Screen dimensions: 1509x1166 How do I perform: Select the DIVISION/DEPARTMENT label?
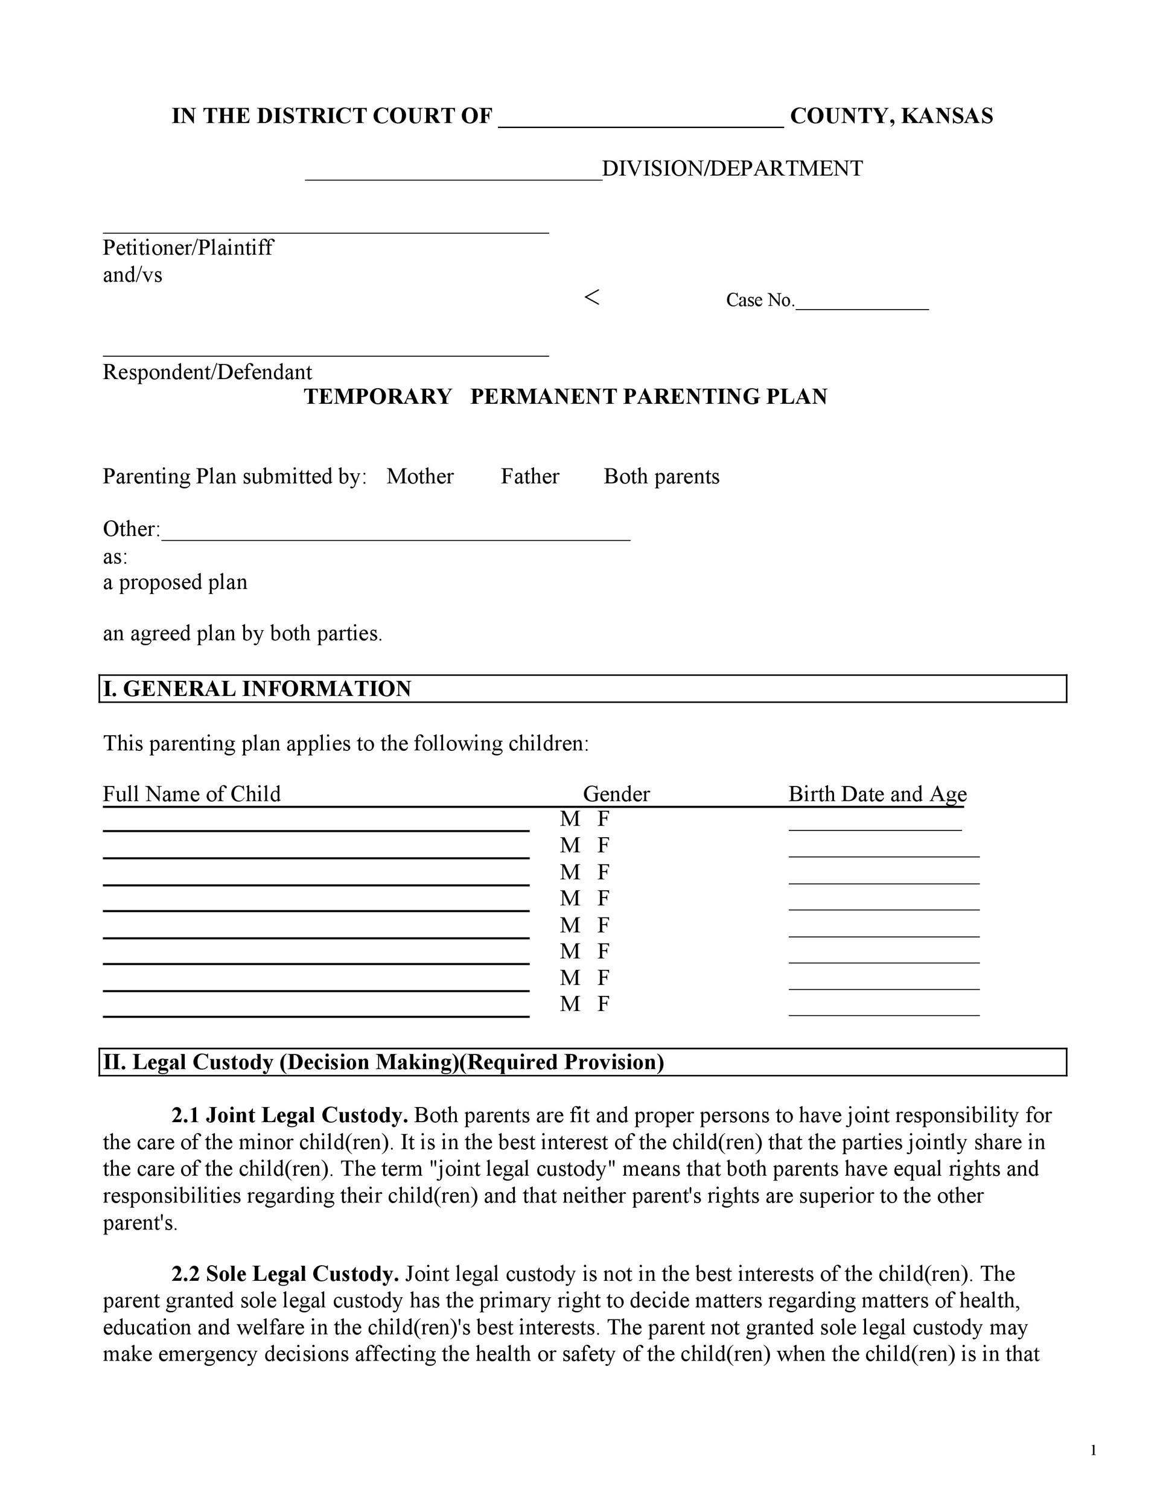(x=732, y=168)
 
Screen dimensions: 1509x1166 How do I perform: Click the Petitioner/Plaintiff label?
(x=188, y=247)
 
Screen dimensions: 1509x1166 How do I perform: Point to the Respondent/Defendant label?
(x=207, y=372)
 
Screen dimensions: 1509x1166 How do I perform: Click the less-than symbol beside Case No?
(x=591, y=298)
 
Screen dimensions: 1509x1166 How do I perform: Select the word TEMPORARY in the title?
(x=378, y=397)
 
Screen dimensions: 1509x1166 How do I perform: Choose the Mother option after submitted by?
(x=420, y=477)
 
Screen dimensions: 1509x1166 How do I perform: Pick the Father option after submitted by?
(x=530, y=477)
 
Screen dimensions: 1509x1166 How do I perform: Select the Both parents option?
(x=661, y=477)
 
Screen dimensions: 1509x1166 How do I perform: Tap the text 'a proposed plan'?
(x=175, y=582)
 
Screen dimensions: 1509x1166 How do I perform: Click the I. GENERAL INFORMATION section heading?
(x=257, y=689)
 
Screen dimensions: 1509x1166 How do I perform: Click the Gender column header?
(x=616, y=794)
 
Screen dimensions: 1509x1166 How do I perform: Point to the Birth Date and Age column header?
(x=878, y=794)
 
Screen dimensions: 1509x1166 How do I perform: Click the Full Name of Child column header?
(x=191, y=794)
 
